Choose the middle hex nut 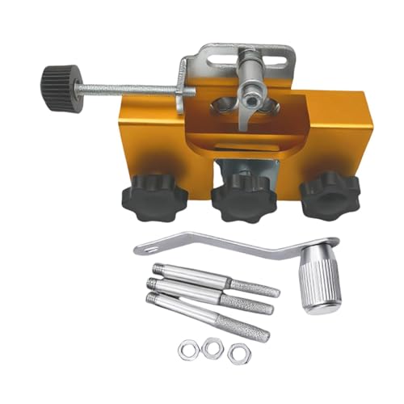click(x=213, y=346)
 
